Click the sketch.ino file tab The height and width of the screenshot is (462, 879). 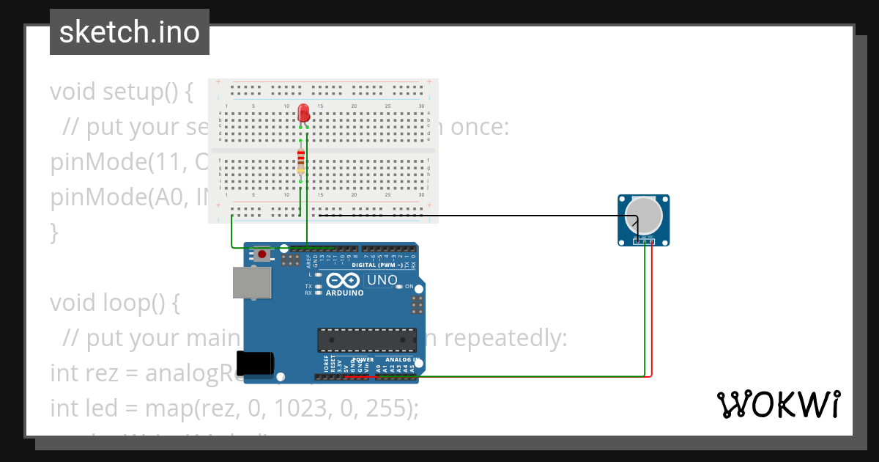pyautogui.click(x=130, y=32)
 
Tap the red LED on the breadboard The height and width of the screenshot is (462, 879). pyautogui.click(x=304, y=113)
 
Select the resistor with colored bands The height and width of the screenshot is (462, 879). pyautogui.click(x=301, y=162)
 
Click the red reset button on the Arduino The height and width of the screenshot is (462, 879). pyautogui.click(x=262, y=254)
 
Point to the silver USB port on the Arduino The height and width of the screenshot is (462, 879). pyautogui.click(x=251, y=282)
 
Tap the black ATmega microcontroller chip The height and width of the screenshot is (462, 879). pyautogui.click(x=366, y=340)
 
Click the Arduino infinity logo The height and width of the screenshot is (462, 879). pyautogui.click(x=343, y=280)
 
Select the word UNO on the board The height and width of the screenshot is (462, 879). pyautogui.click(x=382, y=280)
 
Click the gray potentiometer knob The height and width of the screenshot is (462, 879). pyautogui.click(x=644, y=214)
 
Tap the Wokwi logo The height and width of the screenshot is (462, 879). pyautogui.click(x=778, y=405)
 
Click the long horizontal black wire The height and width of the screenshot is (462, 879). pyautogui.click(x=476, y=216)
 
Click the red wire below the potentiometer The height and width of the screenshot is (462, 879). pyautogui.click(x=651, y=308)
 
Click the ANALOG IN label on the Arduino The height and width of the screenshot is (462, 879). pyautogui.click(x=400, y=360)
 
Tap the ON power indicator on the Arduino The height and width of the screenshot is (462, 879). pyautogui.click(x=409, y=286)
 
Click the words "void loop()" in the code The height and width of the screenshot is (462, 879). pyautogui.click(x=114, y=302)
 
